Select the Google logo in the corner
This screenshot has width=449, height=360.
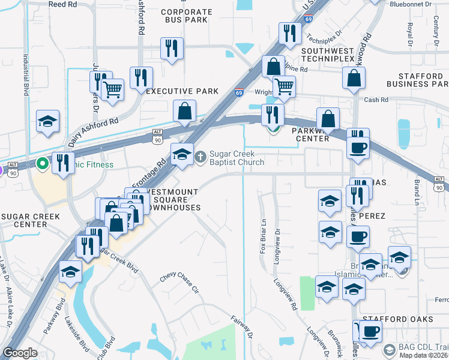click(20, 353)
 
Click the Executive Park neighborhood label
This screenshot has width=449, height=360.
click(182, 91)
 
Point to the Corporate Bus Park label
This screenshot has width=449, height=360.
click(187, 16)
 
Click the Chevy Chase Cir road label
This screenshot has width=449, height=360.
click(179, 284)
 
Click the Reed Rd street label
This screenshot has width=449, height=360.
click(63, 4)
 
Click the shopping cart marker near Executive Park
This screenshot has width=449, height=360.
click(112, 89)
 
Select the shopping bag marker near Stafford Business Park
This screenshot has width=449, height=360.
click(354, 77)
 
